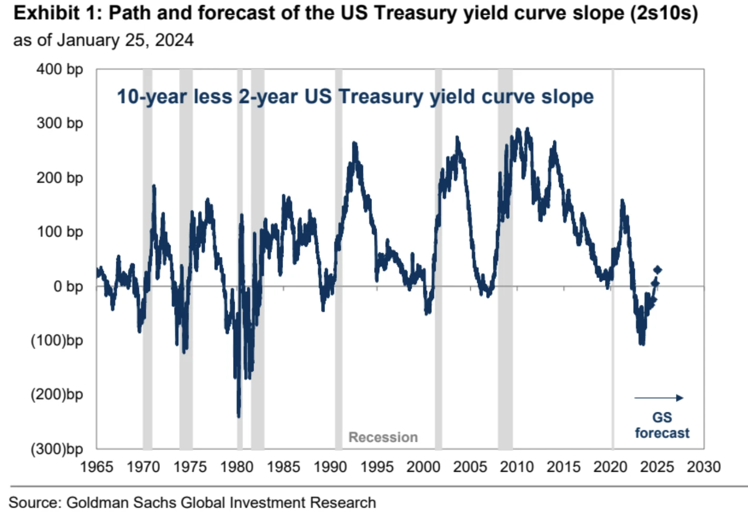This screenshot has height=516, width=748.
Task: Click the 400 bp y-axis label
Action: [59, 69]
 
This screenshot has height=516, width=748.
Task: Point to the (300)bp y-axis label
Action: [57, 449]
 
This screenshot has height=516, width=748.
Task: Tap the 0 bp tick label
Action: [68, 286]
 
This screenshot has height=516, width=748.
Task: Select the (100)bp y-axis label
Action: [57, 341]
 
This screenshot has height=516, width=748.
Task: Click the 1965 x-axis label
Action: [96, 467]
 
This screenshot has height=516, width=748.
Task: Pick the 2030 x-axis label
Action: [703, 467]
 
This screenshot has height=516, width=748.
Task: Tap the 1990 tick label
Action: [330, 467]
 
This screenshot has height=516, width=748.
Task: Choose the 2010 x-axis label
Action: [517, 467]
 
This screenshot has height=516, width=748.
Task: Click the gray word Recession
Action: [383, 437]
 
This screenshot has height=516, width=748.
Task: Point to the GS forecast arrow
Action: [659, 398]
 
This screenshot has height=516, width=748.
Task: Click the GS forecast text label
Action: [662, 425]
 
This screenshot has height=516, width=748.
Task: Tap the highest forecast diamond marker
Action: [658, 270]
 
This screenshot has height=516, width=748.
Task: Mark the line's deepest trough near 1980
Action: [239, 415]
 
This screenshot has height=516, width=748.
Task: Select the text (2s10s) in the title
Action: [663, 13]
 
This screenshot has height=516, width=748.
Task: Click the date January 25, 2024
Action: [125, 40]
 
